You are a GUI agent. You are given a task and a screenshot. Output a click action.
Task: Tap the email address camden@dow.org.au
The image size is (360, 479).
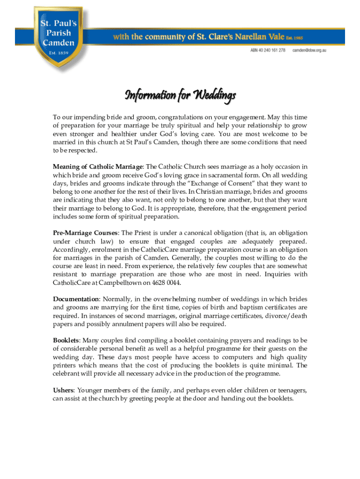pos(309,50)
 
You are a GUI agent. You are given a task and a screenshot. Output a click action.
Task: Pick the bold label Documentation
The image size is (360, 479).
pos(76,299)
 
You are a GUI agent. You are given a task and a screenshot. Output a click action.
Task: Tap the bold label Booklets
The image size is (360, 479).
pos(65,340)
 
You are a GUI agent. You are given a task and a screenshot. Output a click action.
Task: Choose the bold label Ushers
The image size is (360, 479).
pos(63,390)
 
